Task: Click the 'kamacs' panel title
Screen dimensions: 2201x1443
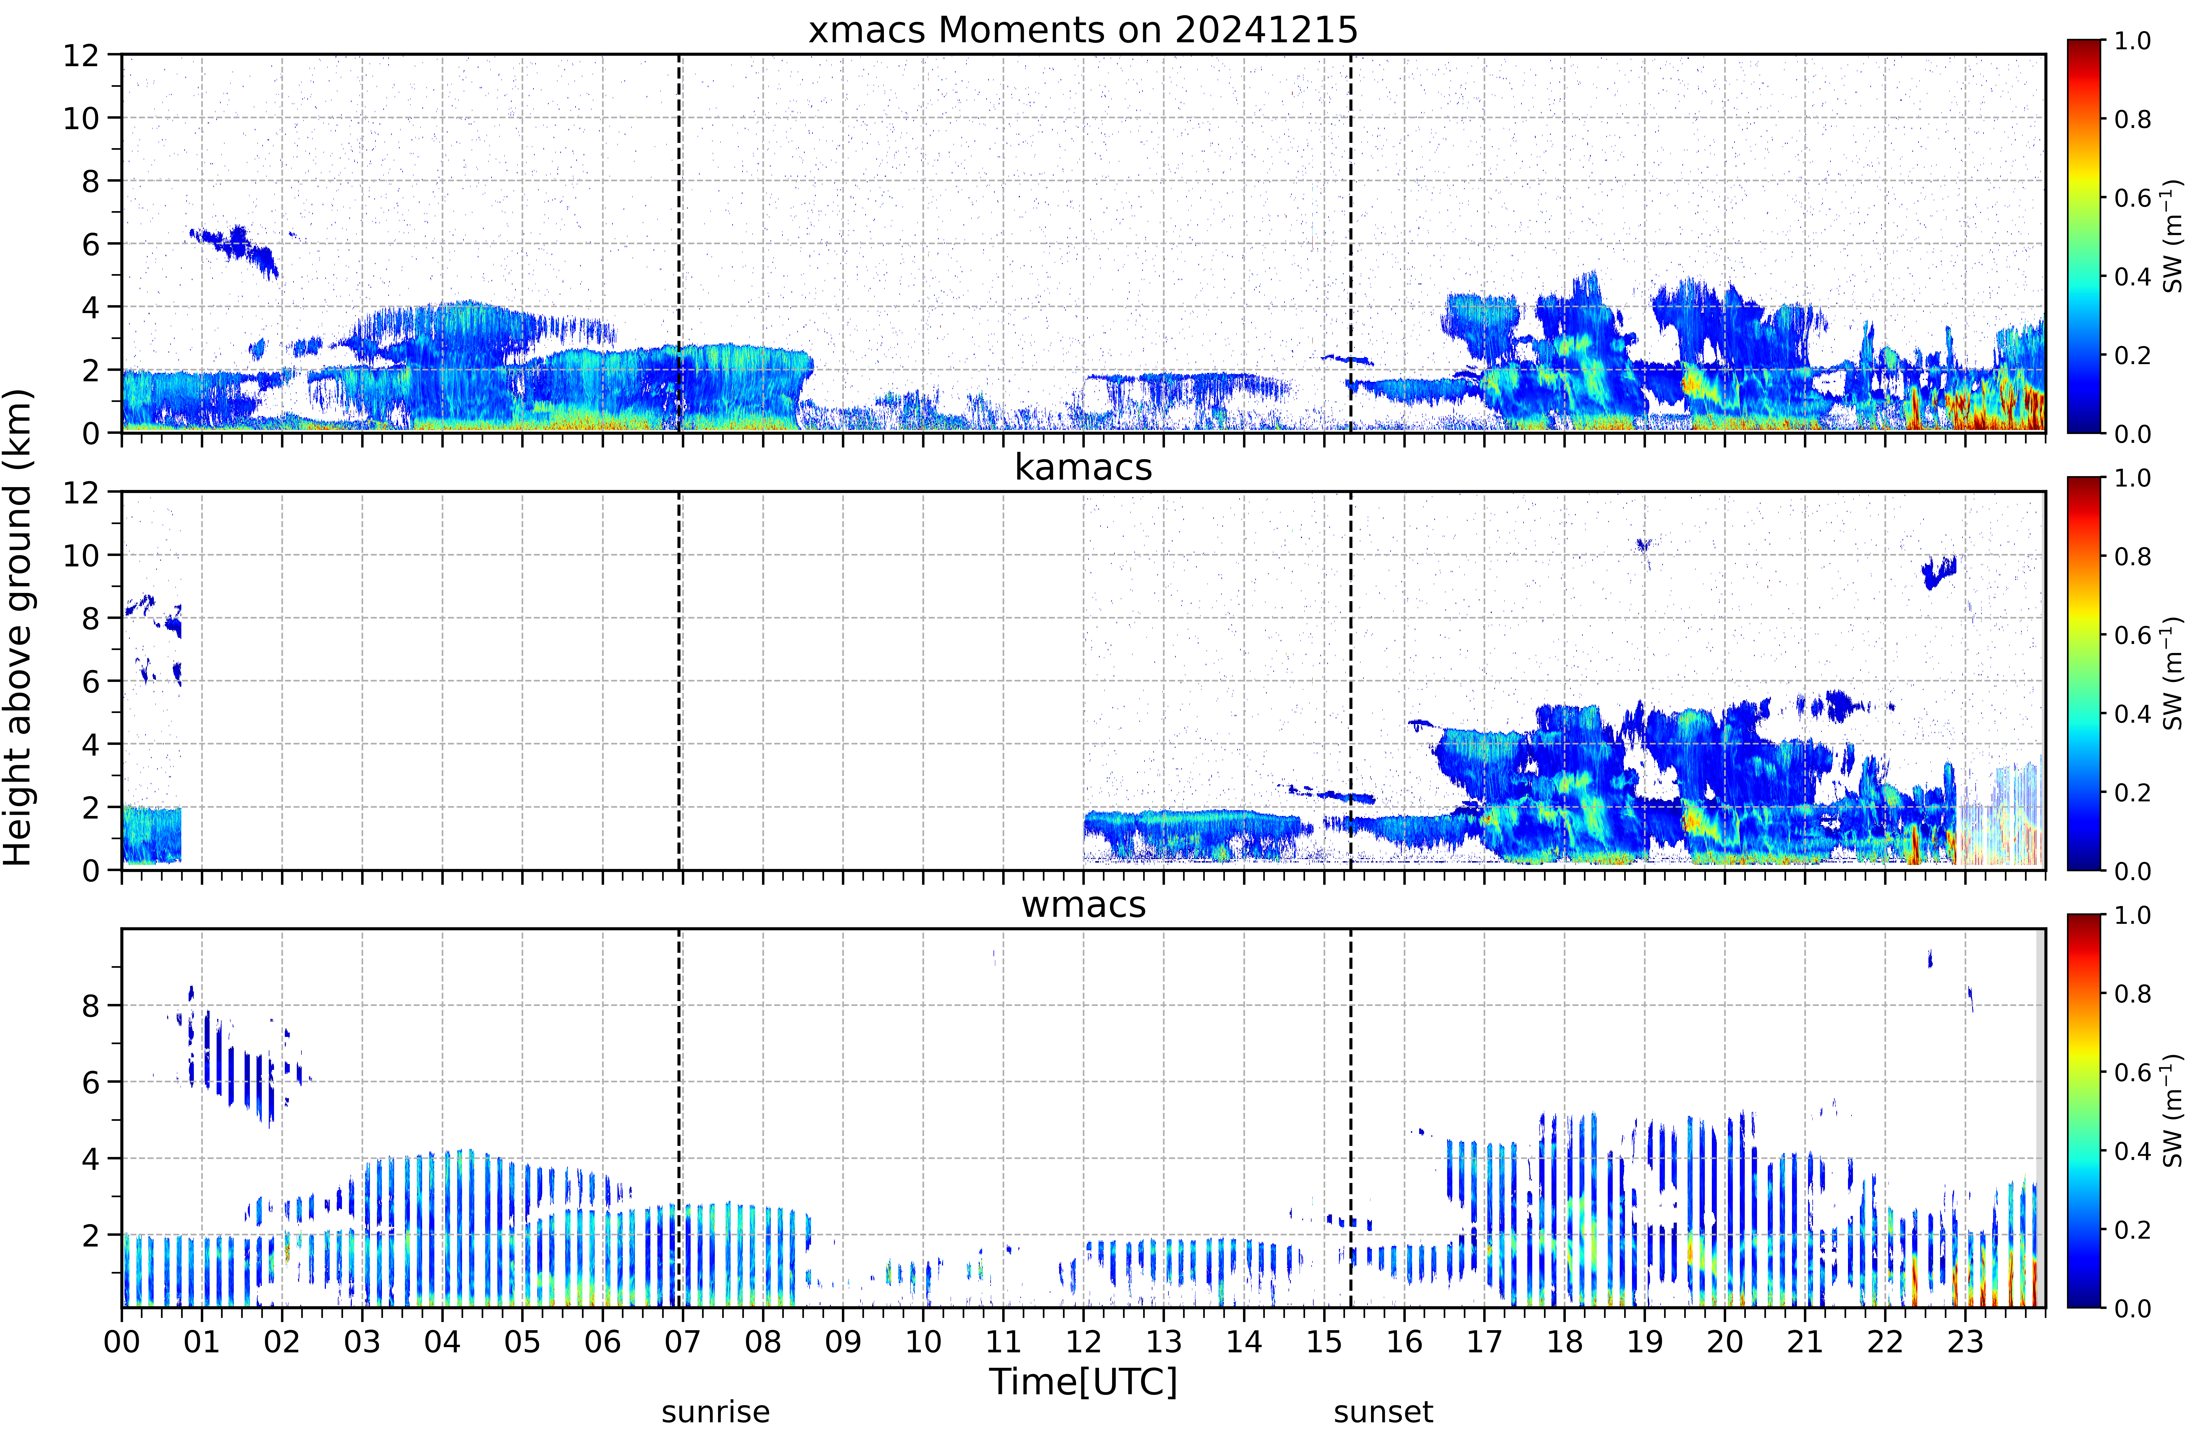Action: [x=1083, y=467]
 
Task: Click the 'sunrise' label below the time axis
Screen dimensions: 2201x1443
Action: [x=715, y=1412]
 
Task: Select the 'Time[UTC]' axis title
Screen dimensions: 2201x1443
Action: [x=1083, y=1382]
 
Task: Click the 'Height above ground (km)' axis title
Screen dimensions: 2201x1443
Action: [x=17, y=627]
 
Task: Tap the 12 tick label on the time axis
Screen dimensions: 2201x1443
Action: [x=1083, y=1341]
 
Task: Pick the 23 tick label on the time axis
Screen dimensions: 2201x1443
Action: [x=1965, y=1341]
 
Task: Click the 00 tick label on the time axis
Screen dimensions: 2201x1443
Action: [x=121, y=1341]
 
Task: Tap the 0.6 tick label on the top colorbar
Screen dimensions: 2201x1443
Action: [x=2132, y=198]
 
